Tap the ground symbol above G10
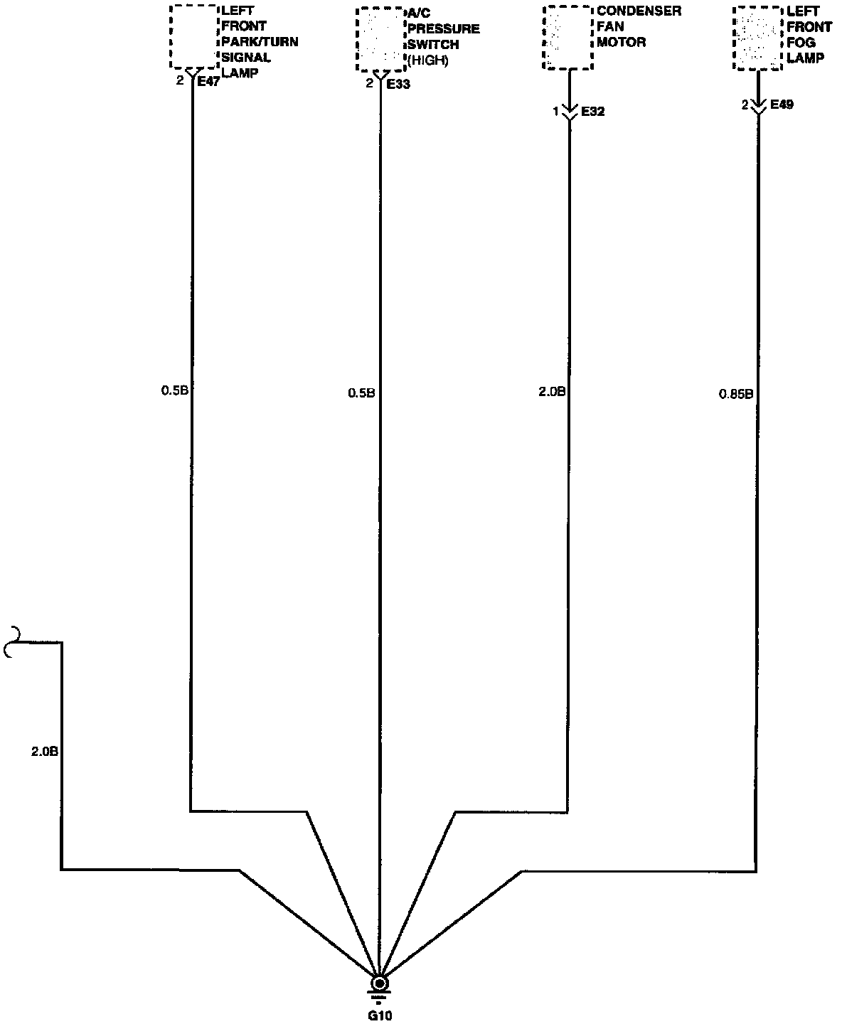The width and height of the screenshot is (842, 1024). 380,986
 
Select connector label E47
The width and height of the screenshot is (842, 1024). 208,82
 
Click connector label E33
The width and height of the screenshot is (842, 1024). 398,84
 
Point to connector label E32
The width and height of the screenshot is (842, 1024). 592,112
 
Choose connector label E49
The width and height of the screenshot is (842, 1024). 781,105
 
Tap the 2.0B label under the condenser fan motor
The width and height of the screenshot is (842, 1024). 552,391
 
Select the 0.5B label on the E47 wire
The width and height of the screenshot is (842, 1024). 174,390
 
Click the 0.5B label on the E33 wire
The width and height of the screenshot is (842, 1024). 361,392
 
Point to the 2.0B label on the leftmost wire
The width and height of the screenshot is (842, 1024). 44,751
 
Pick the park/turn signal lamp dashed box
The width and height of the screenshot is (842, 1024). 193,36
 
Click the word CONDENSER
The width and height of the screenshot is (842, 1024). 639,11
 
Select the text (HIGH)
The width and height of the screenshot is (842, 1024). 427,61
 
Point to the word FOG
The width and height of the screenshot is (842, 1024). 801,43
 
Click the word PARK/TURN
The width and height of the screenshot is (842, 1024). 260,42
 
